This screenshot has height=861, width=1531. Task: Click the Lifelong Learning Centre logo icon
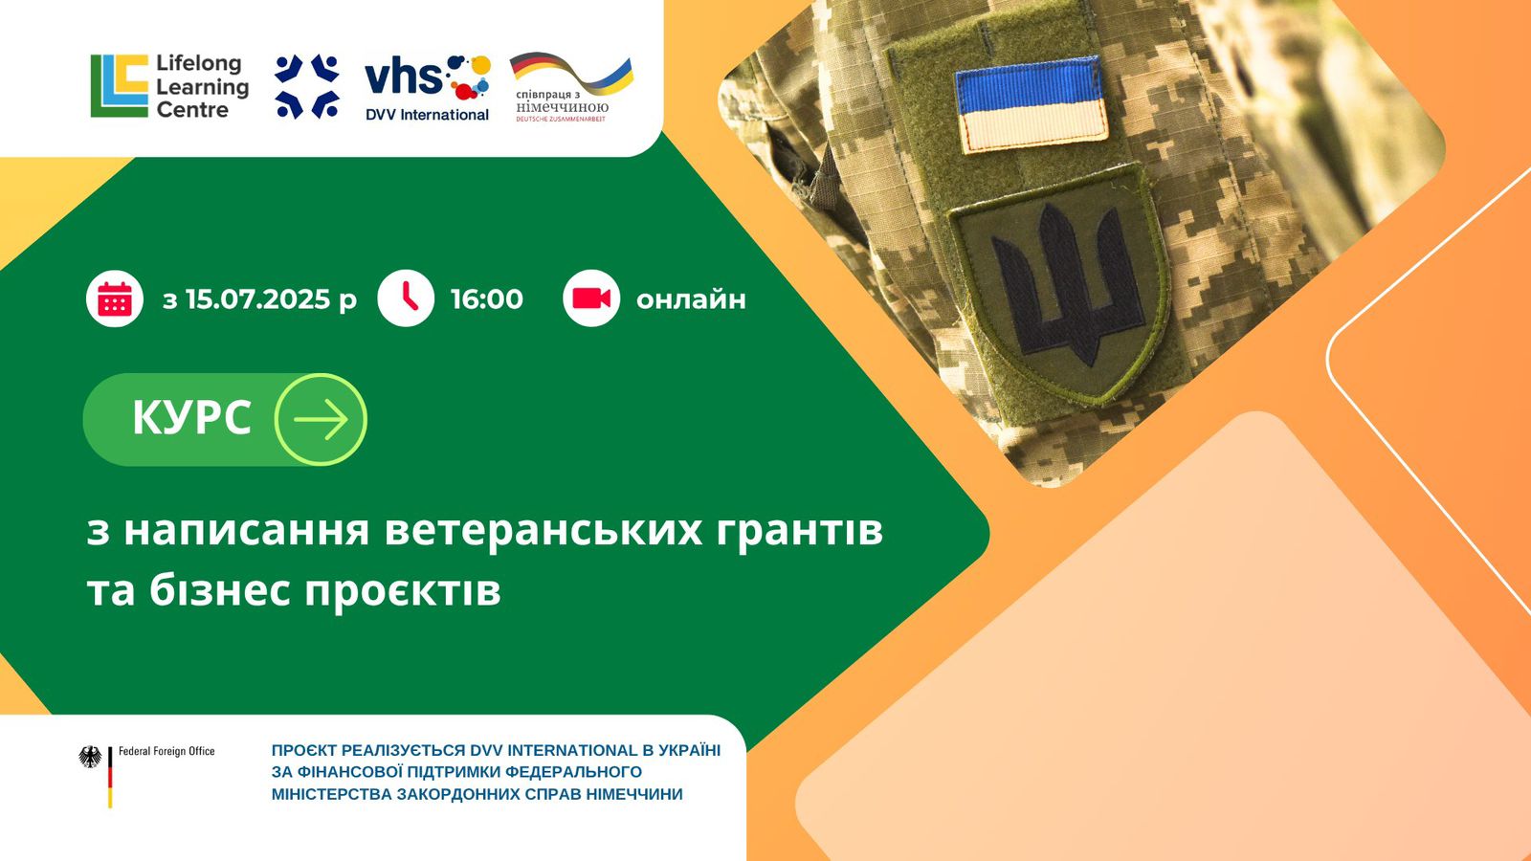pos(120,86)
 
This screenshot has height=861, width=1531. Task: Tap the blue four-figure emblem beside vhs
pos(307,86)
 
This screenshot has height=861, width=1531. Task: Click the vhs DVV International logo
pos(428,88)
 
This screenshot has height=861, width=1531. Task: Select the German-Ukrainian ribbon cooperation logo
pos(571,87)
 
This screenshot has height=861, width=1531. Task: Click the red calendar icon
pos(115,298)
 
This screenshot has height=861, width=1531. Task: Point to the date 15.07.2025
pos(257,299)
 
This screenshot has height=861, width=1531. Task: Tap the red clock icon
pos(406,298)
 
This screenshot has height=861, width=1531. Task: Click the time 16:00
pos(487,299)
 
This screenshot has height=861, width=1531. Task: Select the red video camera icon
pos(591,298)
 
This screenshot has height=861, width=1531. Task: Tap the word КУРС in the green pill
pos(192,417)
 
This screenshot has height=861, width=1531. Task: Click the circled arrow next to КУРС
pos(321,420)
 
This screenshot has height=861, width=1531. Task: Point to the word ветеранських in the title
pos(544,531)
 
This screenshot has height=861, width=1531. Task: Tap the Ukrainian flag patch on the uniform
pos(1032,104)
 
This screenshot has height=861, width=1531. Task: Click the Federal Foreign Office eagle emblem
pos(90,757)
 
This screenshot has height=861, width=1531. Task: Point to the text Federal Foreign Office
pos(166,752)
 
